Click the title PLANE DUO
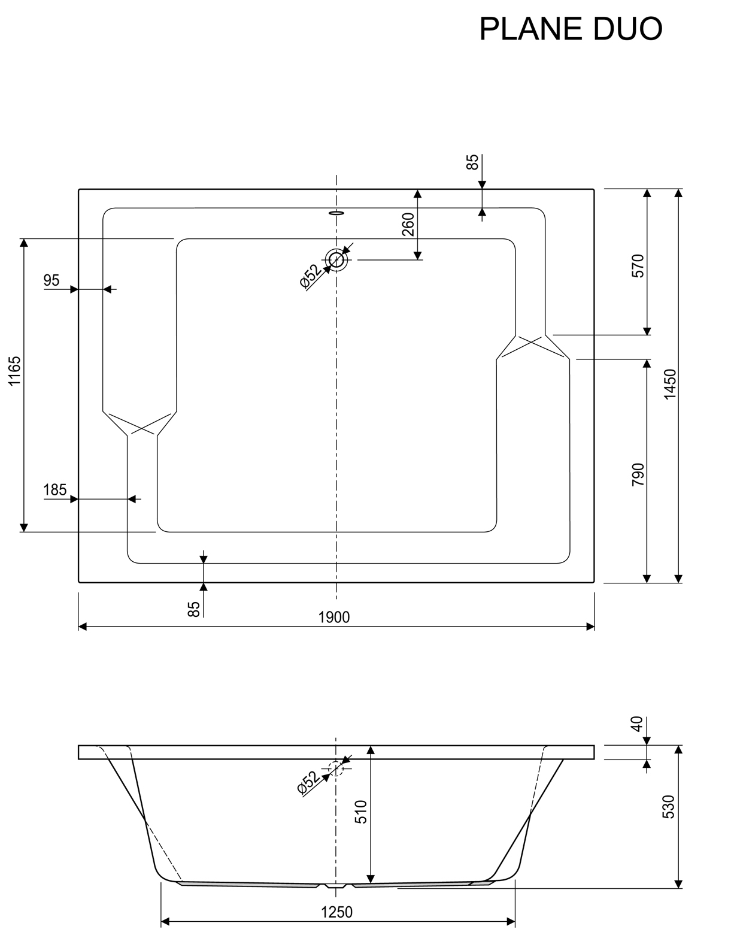[x=571, y=29]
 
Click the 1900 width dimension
[x=334, y=617]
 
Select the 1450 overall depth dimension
[x=670, y=385]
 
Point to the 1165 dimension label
[x=16, y=371]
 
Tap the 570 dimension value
[x=638, y=265]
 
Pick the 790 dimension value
[x=638, y=474]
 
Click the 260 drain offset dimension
[x=408, y=225]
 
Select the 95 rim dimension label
[x=52, y=280]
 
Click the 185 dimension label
[x=54, y=490]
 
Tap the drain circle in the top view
[x=336, y=260]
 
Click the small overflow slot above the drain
[x=336, y=212]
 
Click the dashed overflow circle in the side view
[x=336, y=768]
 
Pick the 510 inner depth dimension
[x=361, y=812]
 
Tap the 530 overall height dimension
[x=670, y=807]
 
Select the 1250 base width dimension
[x=336, y=912]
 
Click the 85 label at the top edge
[x=472, y=162]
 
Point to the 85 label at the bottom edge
[x=193, y=609]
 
